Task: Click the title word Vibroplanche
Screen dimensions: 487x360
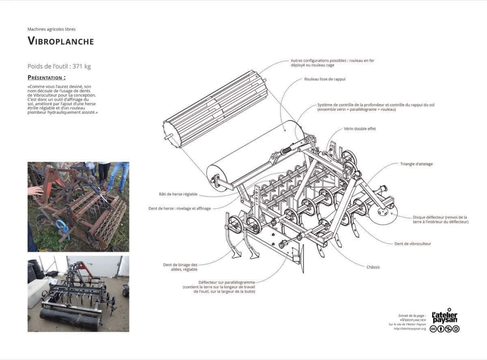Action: [x=60, y=41]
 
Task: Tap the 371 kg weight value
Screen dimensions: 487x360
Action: [x=82, y=66]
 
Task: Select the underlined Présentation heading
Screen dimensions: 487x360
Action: [x=47, y=78]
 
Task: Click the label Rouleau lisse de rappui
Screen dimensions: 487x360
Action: [x=325, y=79]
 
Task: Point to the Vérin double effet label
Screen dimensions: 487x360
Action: [x=360, y=129]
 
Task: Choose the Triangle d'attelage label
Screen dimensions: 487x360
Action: [x=416, y=164]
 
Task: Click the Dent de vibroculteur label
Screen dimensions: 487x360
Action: [x=413, y=244]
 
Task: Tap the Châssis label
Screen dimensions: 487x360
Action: [x=373, y=267]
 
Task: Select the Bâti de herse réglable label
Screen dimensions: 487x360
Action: [x=178, y=194]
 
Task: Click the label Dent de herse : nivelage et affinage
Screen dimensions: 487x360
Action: [x=180, y=208]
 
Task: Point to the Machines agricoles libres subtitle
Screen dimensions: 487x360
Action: [x=52, y=29]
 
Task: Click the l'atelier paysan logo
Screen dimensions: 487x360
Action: [x=444, y=316]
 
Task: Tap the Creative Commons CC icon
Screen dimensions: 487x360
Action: [x=433, y=329]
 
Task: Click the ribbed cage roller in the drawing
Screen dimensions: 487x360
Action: [x=215, y=109]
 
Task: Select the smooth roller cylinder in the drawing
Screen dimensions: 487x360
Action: [x=255, y=155]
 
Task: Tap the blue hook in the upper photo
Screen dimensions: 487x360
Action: [x=63, y=229]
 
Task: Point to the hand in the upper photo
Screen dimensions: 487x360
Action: [x=35, y=191]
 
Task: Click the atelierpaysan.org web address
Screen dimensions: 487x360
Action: [x=410, y=329]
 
